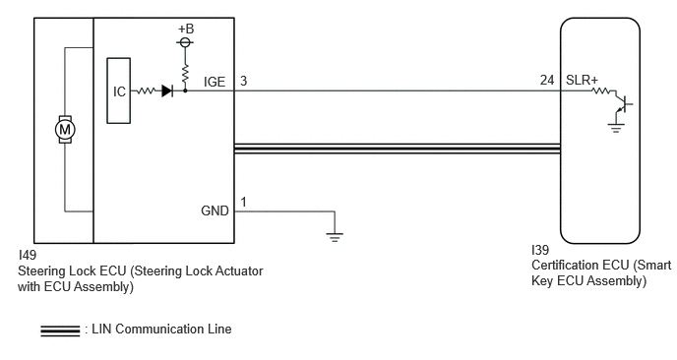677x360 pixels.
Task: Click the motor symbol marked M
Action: [65, 129]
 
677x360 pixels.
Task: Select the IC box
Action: [119, 90]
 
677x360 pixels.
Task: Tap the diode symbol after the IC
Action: [167, 90]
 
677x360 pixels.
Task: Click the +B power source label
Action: [186, 29]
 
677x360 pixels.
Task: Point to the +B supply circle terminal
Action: [185, 42]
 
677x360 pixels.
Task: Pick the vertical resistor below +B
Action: [185, 74]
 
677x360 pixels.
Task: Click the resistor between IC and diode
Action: [146, 90]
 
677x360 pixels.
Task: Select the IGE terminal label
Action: [215, 82]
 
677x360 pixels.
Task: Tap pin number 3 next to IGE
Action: [243, 81]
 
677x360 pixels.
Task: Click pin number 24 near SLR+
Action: [546, 81]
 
